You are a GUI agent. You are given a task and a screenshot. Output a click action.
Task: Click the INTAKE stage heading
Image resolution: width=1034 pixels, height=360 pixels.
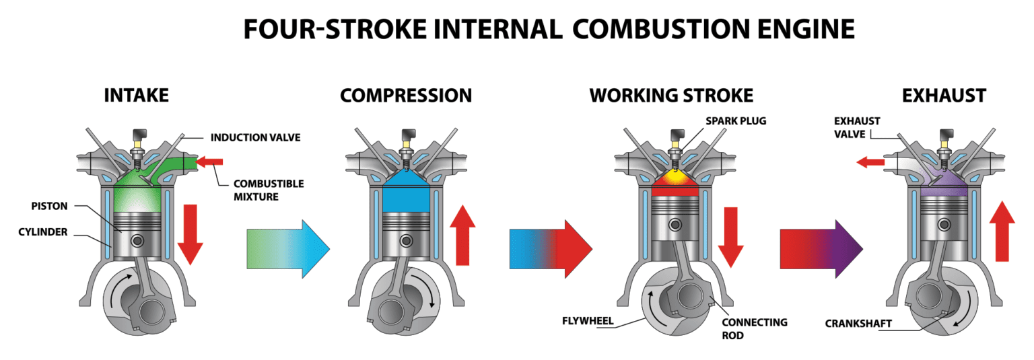(136, 96)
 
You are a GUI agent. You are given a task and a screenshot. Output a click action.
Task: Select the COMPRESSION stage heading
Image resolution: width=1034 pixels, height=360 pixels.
(406, 96)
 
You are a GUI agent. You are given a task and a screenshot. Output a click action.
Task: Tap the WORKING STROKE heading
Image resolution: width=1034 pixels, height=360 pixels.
(671, 96)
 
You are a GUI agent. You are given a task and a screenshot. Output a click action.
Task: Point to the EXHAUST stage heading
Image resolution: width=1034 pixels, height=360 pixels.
(944, 96)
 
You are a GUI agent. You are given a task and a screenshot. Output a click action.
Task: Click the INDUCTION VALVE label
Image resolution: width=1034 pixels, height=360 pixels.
(255, 138)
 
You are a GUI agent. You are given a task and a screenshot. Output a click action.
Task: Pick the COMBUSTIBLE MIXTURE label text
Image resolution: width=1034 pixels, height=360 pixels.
(269, 190)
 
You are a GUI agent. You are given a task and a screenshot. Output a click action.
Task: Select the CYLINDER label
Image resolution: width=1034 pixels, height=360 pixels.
(43, 232)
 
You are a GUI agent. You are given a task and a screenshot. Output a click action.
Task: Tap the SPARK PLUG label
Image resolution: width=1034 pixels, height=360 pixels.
(736, 121)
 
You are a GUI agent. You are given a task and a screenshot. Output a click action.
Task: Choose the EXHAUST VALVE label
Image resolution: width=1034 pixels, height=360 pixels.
(857, 127)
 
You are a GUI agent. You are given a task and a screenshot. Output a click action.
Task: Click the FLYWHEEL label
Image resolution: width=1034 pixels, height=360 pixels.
(588, 321)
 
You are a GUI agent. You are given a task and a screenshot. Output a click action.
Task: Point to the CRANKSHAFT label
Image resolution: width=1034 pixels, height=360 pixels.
(858, 324)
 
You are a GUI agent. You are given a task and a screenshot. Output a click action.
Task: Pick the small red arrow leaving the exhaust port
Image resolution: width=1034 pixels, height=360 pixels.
(870, 161)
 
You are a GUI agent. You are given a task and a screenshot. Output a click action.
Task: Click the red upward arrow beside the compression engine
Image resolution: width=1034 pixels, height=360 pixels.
(461, 235)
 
